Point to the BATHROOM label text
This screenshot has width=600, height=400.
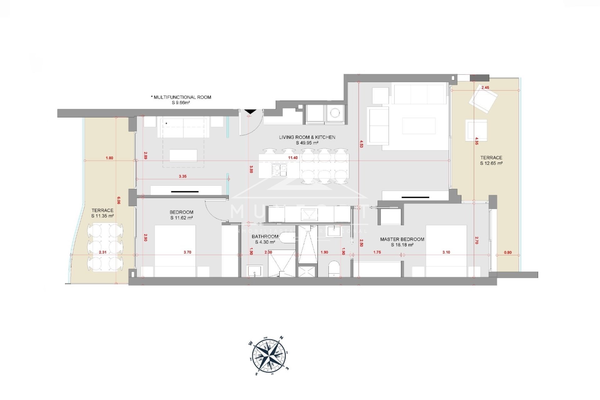[265, 237]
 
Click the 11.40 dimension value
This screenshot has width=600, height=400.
[293, 158]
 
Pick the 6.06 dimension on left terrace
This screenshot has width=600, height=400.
[118, 200]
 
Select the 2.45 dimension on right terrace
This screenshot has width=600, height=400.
[485, 88]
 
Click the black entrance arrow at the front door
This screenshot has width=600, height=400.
[250, 111]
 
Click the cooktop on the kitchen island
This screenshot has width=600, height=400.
[279, 170]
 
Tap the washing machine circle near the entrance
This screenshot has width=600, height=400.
[335, 113]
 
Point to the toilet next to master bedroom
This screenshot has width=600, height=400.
[334, 269]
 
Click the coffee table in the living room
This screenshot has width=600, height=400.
[419, 126]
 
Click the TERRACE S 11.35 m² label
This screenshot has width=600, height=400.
[102, 213]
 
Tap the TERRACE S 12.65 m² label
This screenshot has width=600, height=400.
[491, 160]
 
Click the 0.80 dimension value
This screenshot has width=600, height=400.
[508, 252]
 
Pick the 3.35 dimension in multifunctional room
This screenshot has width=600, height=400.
[182, 176]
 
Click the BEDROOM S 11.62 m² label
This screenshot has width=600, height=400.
[182, 215]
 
